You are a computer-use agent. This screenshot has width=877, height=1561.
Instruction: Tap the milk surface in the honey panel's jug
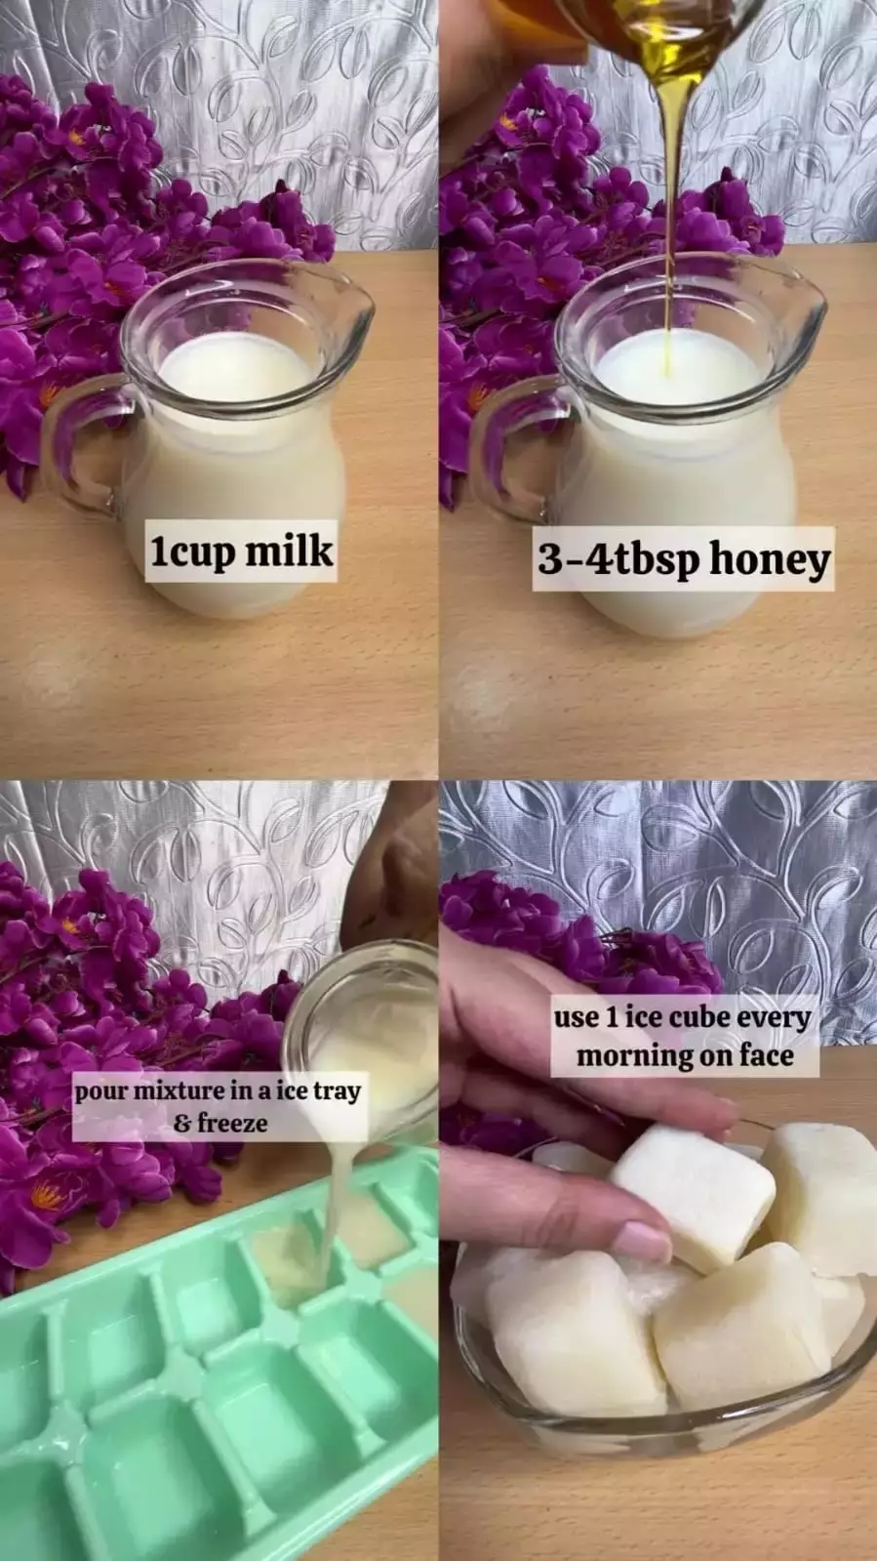[x=677, y=367]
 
